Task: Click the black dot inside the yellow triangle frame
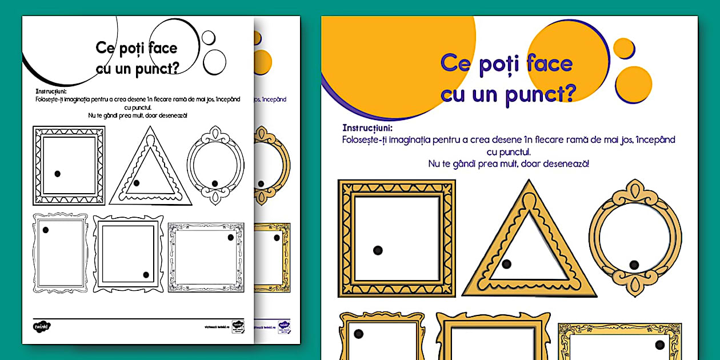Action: tap(506, 264)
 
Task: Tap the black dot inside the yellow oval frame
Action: tap(634, 264)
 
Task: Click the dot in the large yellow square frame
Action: tap(378, 250)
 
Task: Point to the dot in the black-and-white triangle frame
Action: tap(136, 183)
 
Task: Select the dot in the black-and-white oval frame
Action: tap(215, 183)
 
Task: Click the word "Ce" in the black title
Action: tap(108, 49)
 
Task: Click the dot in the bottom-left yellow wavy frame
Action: tap(358, 334)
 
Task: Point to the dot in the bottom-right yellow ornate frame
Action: tap(660, 345)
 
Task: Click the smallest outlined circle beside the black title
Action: tap(209, 38)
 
